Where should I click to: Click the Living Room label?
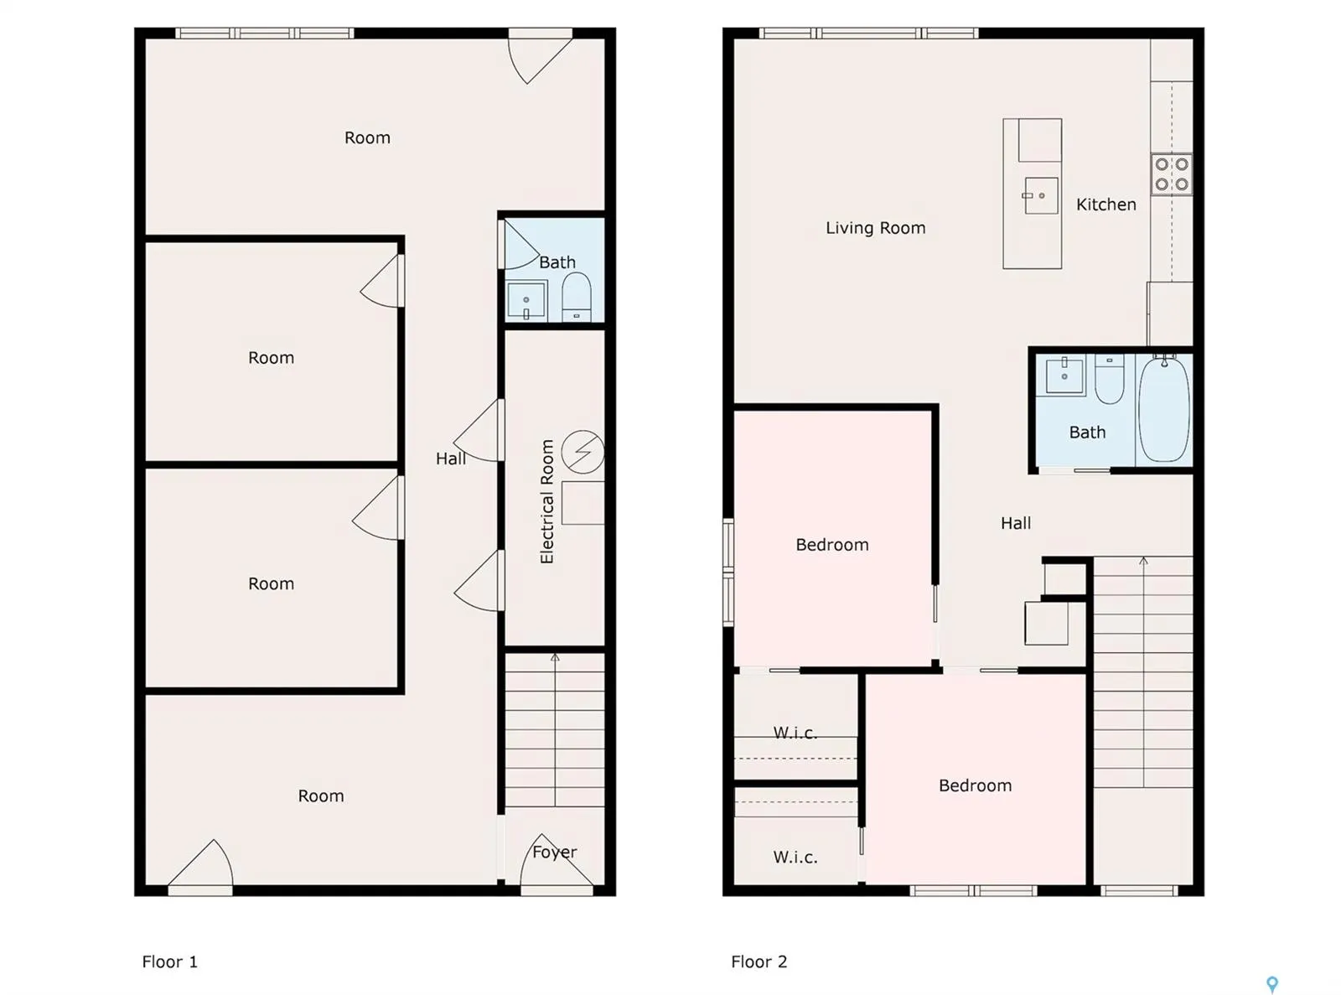[x=875, y=228]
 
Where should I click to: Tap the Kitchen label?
[x=1105, y=205]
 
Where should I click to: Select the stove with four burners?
[x=1171, y=174]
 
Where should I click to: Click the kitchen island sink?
[x=1040, y=195]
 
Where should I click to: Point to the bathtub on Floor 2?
[x=1163, y=409]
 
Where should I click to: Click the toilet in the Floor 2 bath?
[x=1109, y=379]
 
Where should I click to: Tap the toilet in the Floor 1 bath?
[x=576, y=297]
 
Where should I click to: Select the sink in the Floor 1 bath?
[x=526, y=300]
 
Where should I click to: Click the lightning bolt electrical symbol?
[x=582, y=451]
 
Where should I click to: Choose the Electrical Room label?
[x=546, y=501]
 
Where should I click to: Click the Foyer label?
[x=554, y=852]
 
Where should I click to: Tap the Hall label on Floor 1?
[x=450, y=459]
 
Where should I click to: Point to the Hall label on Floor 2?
[x=1016, y=523]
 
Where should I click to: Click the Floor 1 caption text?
[x=169, y=961]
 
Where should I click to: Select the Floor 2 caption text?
[x=759, y=961]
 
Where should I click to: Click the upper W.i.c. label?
[x=795, y=733]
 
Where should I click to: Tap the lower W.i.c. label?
[x=795, y=857]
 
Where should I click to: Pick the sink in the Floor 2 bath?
[x=1064, y=375]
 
